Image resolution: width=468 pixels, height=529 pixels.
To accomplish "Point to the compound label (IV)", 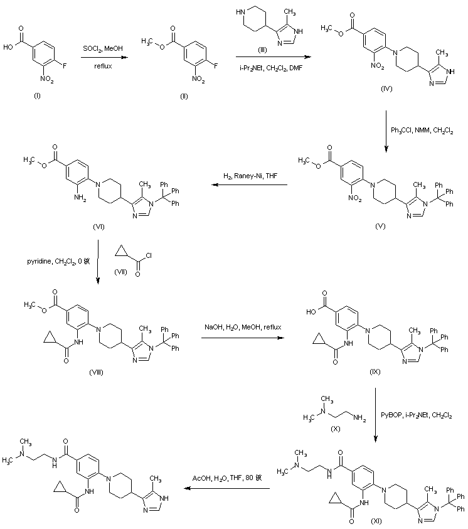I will coord(386,90).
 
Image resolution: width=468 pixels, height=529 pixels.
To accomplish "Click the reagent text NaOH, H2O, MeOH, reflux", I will coord(242,328).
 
